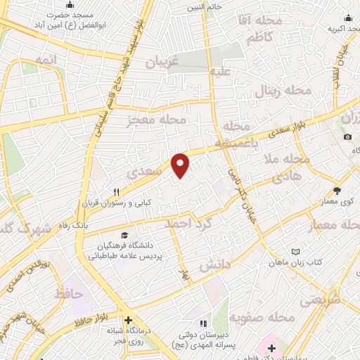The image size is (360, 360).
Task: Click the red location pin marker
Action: (x=181, y=165)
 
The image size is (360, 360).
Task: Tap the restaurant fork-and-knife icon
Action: (x=117, y=191)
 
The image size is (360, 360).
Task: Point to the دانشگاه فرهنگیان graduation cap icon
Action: (x=124, y=235)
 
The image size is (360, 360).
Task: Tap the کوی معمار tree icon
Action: (x=337, y=191)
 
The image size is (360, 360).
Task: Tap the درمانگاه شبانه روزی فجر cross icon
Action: (x=128, y=320)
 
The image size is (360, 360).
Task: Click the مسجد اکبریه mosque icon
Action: (x=350, y=19)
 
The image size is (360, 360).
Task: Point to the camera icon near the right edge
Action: (x=347, y=136)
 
